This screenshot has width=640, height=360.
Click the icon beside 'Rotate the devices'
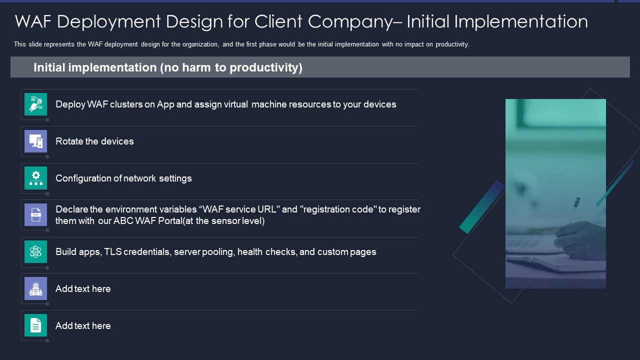(x=35, y=141)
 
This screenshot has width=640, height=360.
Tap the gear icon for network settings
(x=35, y=178)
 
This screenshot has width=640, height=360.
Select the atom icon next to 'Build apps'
(x=35, y=252)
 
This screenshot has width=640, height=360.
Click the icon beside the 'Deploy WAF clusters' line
(x=35, y=104)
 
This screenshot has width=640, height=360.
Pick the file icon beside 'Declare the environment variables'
(x=35, y=215)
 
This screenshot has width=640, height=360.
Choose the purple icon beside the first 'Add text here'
(x=35, y=288)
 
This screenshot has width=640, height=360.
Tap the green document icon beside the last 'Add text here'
(x=35, y=325)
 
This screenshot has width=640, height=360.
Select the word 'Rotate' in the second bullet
(x=69, y=141)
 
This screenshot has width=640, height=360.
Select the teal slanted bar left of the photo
(x=481, y=206)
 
